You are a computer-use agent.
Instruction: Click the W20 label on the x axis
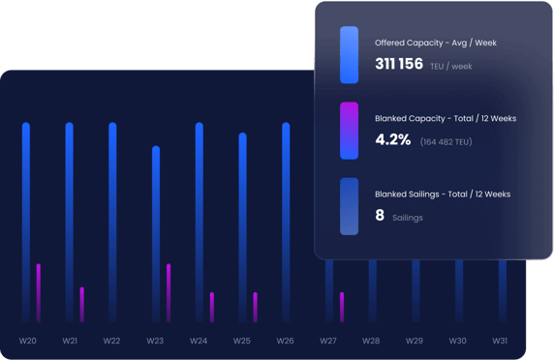tap(28, 341)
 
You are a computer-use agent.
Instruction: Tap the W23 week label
tap(156, 341)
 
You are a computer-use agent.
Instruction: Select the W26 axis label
tap(285, 341)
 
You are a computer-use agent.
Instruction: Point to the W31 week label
tap(500, 341)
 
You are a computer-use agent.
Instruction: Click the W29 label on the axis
tap(415, 341)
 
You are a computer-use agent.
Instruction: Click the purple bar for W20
tap(39, 292)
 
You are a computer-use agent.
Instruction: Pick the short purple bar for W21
tap(81, 304)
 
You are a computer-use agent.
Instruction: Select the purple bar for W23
tap(168, 292)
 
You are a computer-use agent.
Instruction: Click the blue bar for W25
tap(242, 226)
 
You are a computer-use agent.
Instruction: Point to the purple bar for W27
tap(342, 306)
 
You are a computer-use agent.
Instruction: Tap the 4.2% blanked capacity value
tap(392, 140)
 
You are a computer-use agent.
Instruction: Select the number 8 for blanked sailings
tap(380, 216)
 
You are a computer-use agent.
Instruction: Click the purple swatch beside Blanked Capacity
tap(350, 130)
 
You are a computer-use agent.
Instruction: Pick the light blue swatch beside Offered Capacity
tap(350, 54)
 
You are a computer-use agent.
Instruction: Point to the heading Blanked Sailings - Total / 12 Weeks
tap(442, 195)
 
